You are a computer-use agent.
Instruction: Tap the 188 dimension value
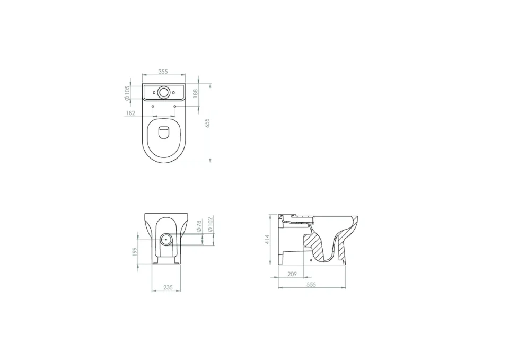[195, 92]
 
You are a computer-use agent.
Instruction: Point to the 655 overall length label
[208, 123]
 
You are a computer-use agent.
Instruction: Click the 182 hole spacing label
[131, 113]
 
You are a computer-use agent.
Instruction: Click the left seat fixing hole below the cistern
[153, 106]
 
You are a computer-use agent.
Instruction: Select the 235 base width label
[168, 287]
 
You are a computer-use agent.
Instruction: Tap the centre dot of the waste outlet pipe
[166, 239]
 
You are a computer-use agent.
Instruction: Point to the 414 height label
[267, 239]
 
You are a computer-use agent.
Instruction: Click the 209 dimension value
[292, 274]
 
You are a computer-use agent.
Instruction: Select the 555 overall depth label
[311, 285]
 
